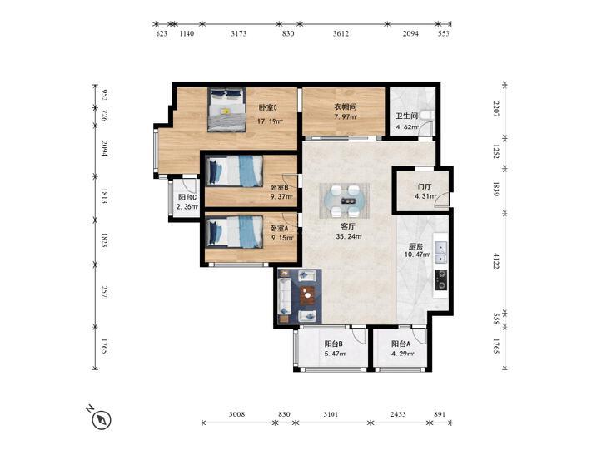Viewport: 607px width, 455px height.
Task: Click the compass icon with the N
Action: [102, 419]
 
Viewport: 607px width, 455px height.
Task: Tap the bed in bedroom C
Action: [226, 110]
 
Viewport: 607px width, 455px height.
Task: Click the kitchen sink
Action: [440, 252]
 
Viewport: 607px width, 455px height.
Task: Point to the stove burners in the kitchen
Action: [441, 279]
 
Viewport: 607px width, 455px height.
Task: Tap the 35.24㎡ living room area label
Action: [349, 236]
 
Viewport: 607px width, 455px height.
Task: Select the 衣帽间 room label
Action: [346, 106]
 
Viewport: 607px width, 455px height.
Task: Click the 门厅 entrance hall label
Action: [425, 187]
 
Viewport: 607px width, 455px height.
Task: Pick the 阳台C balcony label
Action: [187, 197]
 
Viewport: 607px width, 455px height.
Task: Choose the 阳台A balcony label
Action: [401, 344]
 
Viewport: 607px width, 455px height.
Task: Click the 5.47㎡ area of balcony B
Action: [335, 354]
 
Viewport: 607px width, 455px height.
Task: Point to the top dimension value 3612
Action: [341, 33]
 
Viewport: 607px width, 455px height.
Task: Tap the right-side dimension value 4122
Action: [496, 261]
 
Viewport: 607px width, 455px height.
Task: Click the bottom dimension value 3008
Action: [236, 414]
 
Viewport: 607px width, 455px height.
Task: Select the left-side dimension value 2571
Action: [105, 293]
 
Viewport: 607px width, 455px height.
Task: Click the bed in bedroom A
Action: [234, 231]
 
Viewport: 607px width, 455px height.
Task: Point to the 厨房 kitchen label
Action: [416, 246]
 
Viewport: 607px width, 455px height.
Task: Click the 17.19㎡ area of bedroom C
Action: [271, 121]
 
